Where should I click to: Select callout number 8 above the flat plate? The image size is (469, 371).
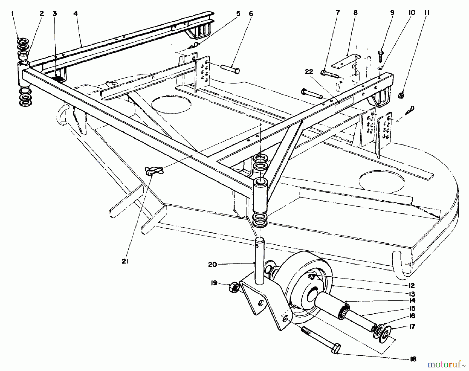tap(355, 12)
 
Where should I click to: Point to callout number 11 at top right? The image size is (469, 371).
tap(427, 12)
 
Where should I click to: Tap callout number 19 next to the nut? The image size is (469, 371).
tap(214, 283)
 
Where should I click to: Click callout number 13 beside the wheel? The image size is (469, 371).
tap(412, 294)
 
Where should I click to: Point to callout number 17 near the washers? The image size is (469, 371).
tap(412, 326)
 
